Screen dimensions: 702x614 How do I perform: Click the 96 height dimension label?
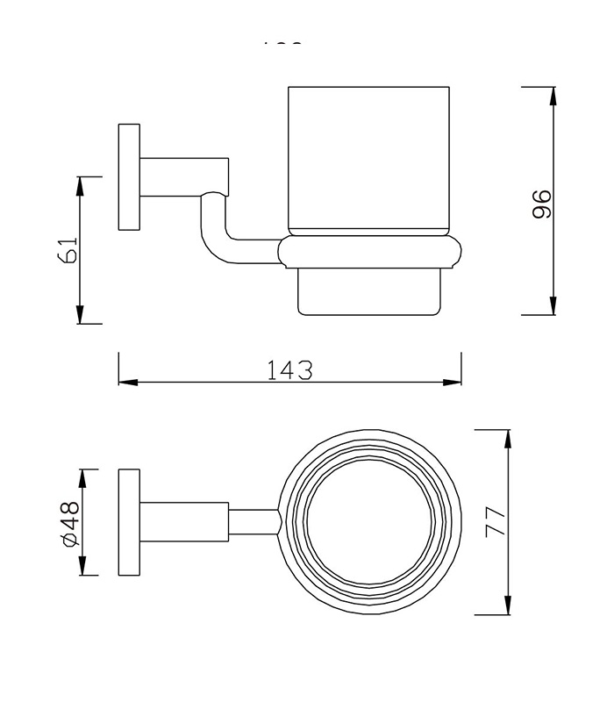point(542,203)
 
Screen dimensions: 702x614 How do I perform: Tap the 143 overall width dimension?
point(289,369)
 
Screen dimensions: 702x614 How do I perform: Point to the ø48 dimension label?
point(70,524)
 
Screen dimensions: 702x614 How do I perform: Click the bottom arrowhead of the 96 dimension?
point(553,307)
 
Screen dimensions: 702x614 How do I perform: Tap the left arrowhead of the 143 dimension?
point(127,382)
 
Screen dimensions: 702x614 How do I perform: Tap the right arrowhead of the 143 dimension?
point(453,382)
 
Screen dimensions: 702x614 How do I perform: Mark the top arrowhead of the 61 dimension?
point(80,184)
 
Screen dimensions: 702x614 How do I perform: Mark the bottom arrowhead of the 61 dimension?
point(80,316)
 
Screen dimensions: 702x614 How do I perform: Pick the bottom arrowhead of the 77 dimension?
point(506,606)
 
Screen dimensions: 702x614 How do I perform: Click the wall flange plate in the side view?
point(129,177)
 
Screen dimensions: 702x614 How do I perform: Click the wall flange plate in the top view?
point(129,522)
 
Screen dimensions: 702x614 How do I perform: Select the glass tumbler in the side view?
point(368,158)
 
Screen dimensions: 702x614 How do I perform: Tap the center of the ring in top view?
point(369,521)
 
